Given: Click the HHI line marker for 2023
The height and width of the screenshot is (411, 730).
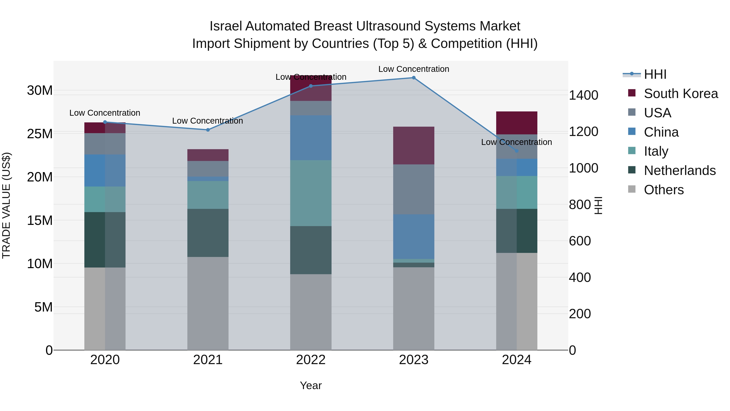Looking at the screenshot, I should click(x=413, y=78).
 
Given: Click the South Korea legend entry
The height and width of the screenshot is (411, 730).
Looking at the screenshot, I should click(x=680, y=94).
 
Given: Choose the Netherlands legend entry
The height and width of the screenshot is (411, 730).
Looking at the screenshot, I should click(x=680, y=170).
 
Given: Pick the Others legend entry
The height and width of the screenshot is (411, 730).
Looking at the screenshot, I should click(x=663, y=190).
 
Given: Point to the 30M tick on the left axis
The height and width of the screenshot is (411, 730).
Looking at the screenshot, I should click(x=40, y=91).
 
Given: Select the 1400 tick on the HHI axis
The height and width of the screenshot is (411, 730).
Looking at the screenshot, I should click(x=583, y=95).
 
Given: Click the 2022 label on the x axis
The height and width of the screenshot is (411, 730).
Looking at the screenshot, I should click(x=311, y=360).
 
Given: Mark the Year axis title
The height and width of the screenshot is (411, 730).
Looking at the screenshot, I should click(x=311, y=385).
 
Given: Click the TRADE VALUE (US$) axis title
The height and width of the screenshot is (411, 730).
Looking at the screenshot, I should click(x=6, y=205).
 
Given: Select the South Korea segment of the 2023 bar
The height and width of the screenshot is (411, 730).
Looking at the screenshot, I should click(x=413, y=146).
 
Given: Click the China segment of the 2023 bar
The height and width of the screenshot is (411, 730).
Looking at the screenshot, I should click(x=413, y=237).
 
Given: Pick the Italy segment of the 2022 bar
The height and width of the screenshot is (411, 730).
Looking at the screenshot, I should click(x=311, y=193).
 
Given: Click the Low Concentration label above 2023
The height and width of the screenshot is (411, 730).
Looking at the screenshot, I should click(x=413, y=69).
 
